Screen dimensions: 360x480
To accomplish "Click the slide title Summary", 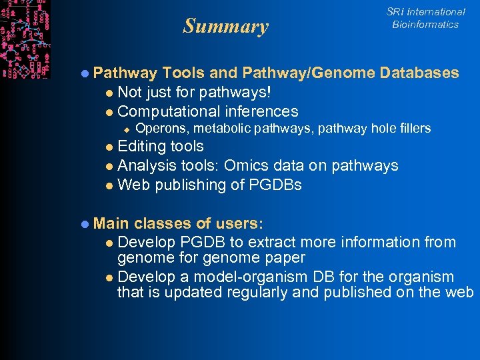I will (226, 27).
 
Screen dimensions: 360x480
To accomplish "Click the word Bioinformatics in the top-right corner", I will (425, 25).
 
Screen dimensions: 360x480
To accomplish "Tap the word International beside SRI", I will (436, 11).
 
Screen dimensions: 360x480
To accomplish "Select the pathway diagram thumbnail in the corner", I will (25, 39).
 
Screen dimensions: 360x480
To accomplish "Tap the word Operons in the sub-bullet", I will (157, 128).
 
